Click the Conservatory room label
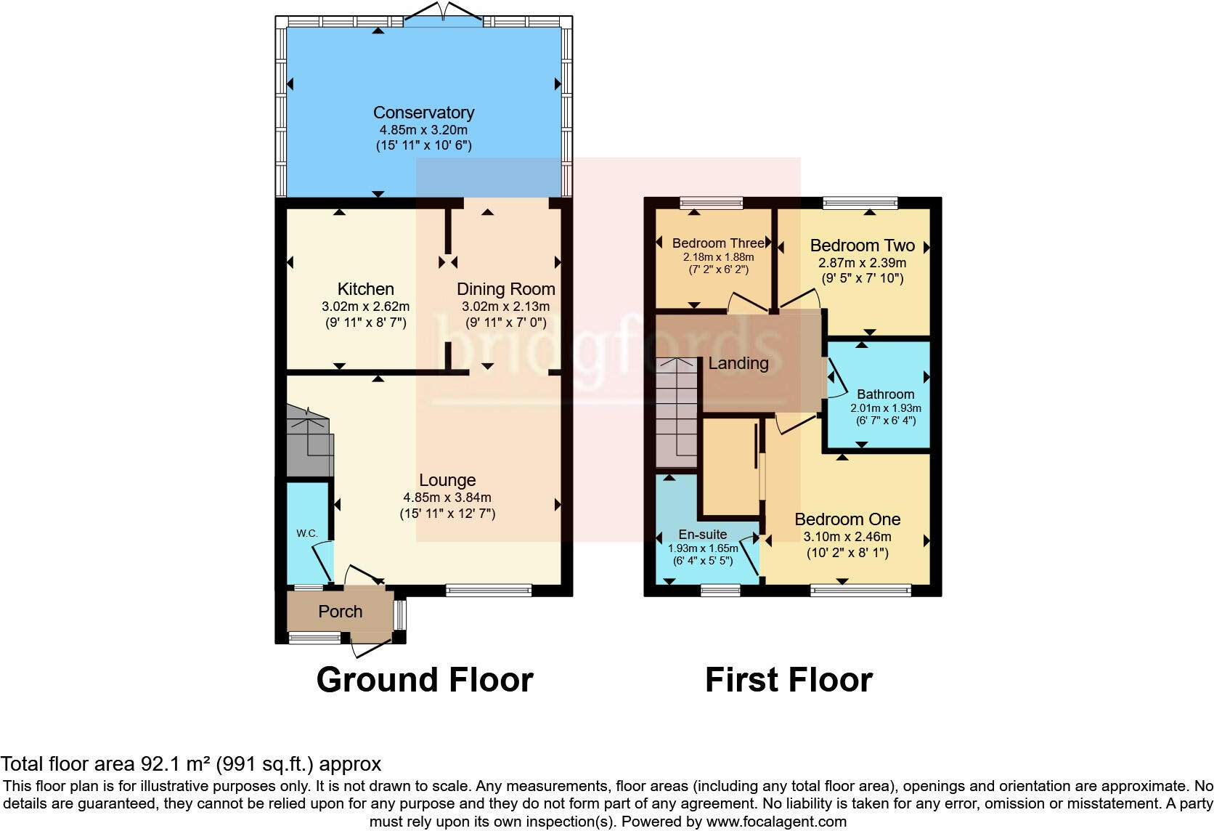423,113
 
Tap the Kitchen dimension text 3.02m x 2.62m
365,307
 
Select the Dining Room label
505,289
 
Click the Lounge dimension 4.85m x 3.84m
447,498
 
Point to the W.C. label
306,533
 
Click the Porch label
340,612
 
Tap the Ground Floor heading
425,680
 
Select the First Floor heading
789,680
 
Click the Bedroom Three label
718,243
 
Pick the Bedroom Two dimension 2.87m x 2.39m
862,263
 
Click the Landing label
738,363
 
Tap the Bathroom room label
885,394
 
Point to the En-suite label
702,535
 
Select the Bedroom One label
847,519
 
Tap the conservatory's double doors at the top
443,20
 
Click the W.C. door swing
322,560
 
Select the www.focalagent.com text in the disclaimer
775,822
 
